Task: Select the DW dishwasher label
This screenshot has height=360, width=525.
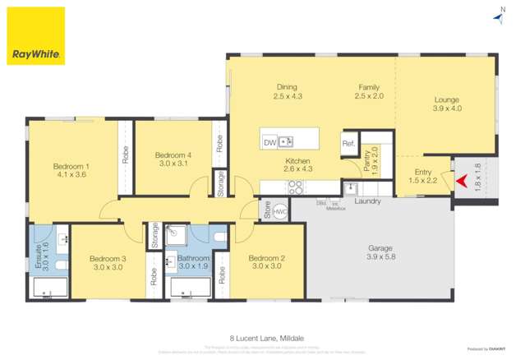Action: [x=269, y=142]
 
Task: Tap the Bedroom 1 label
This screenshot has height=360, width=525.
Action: [x=71, y=168]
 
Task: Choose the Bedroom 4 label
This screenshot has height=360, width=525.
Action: [x=173, y=159]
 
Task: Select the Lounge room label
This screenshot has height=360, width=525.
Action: [x=447, y=104]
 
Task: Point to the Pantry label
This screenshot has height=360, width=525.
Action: [x=367, y=159]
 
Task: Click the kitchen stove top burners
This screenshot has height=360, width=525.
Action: [x=297, y=187]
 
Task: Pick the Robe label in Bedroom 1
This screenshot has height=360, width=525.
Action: [x=125, y=154]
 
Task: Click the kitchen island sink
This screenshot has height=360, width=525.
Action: [x=287, y=141]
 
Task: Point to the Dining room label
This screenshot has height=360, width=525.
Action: [x=286, y=91]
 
